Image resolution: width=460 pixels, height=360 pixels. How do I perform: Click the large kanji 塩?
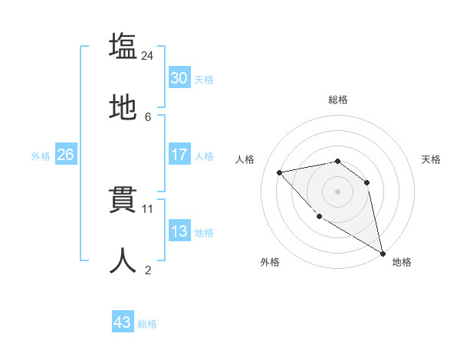click(123, 47)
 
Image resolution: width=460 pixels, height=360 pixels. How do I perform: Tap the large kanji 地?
click(123, 108)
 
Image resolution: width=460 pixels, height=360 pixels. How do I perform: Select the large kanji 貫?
click(123, 201)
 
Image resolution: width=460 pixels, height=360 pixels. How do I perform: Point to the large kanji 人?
click(123, 261)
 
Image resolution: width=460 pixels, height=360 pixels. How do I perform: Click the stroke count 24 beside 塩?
click(148, 55)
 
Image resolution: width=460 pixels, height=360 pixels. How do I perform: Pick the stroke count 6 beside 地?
click(148, 116)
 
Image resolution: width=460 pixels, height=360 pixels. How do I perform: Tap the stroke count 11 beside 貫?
click(148, 208)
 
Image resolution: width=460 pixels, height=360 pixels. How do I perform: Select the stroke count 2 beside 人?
click(148, 270)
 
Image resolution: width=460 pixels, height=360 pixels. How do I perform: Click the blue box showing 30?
click(179, 78)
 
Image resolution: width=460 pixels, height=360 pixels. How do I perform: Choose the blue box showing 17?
click(179, 155)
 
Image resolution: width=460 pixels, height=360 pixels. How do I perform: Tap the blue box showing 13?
click(179, 231)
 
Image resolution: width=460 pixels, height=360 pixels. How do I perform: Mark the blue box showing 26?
click(65, 155)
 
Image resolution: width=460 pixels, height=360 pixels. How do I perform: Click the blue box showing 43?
click(123, 322)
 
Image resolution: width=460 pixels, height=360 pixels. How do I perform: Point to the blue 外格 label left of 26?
click(41, 155)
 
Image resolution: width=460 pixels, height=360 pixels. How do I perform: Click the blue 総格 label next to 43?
click(147, 323)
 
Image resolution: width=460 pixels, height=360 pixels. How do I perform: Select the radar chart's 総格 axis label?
click(338, 99)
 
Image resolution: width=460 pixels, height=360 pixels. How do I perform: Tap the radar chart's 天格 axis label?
click(431, 159)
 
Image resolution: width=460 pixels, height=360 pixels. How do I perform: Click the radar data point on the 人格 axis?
click(280, 172)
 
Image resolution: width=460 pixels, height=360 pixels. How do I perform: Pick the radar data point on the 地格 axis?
click(383, 254)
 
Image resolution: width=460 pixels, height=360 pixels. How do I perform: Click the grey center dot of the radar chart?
click(337, 191)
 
